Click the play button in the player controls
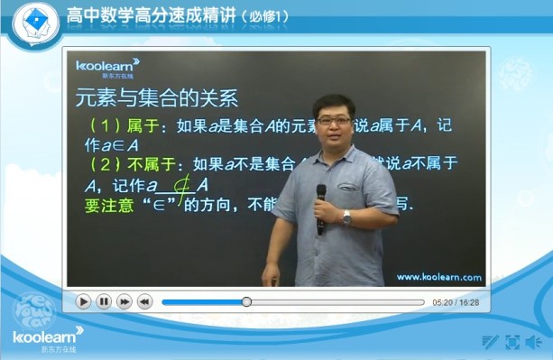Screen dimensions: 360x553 (84, 301)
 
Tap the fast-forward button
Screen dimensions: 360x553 (124, 301)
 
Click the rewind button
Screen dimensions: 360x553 (144, 301)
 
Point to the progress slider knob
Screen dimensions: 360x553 (246, 301)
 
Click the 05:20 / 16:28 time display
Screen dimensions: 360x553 (456, 302)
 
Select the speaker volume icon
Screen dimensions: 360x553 (533, 341)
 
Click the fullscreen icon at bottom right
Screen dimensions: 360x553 (512, 341)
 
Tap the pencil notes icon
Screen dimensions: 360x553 (490, 341)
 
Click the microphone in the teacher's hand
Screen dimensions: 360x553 (321, 208)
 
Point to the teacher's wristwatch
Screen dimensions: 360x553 (346, 217)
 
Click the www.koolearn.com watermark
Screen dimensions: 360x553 (438, 277)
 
